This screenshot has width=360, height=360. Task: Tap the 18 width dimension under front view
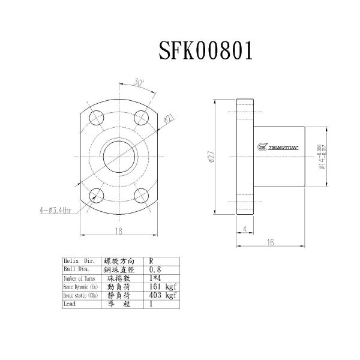click(119, 231)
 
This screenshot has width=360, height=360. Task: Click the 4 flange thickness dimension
click(245, 229)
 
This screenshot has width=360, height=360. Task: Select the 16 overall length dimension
click(270, 242)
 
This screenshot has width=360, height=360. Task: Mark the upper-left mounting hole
click(94, 116)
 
